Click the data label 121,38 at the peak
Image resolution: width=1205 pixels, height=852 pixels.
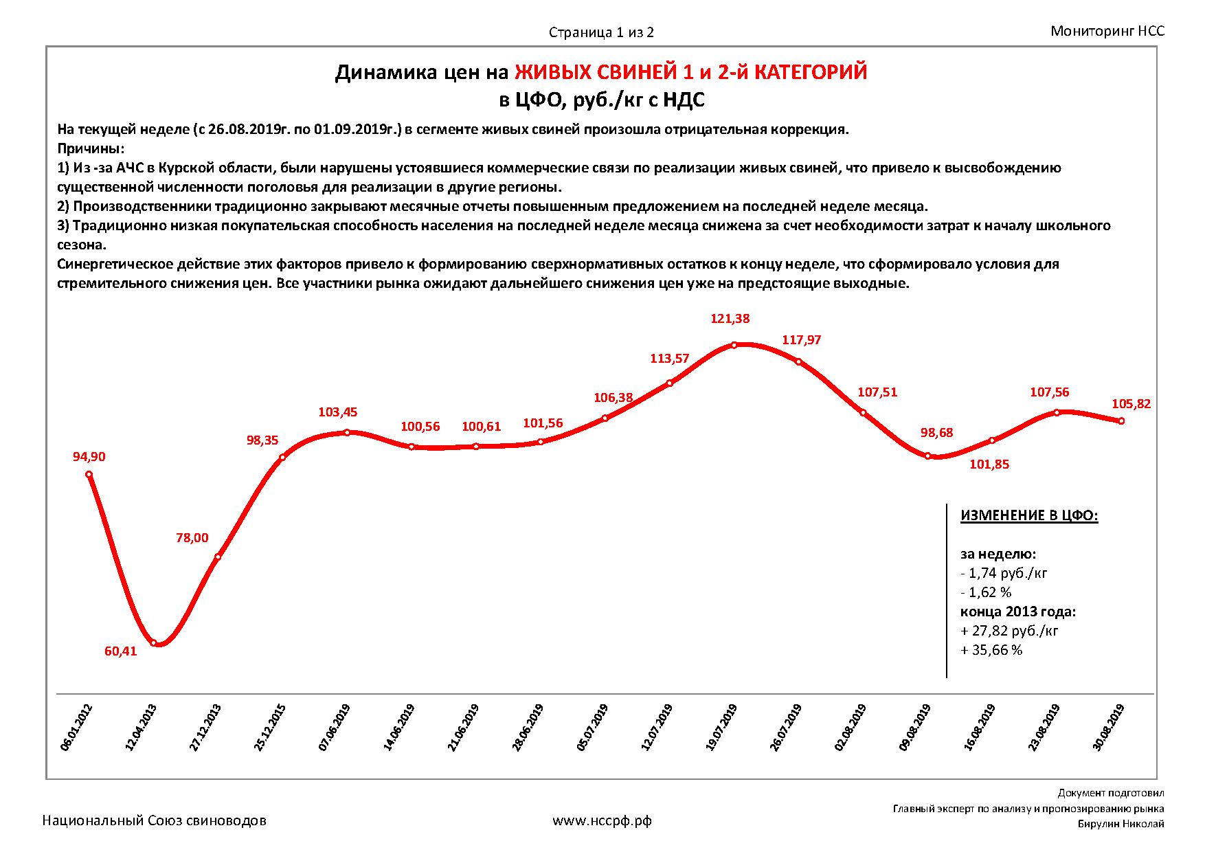click(730, 319)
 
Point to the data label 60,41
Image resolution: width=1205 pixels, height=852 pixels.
click(121, 651)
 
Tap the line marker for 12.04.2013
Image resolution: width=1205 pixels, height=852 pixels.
click(154, 643)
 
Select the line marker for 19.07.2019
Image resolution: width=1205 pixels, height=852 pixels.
click(734, 345)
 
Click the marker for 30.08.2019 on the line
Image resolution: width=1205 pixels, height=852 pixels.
click(1121, 421)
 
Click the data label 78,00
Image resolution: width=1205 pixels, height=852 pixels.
click(192, 538)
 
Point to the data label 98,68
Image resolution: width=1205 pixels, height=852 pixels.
click(936, 433)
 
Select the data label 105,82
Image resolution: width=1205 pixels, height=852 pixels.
click(1131, 404)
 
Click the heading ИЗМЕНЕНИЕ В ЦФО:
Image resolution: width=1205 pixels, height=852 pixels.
click(1029, 516)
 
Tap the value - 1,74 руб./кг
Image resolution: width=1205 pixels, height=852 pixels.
click(1004, 573)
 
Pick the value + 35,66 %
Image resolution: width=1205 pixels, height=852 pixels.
click(991, 650)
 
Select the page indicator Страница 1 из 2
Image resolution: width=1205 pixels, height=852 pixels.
click(601, 32)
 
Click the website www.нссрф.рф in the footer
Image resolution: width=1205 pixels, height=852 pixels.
click(602, 820)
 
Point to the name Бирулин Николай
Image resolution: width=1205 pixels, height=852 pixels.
click(1120, 825)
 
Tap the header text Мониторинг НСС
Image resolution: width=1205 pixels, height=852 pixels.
click(1107, 31)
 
